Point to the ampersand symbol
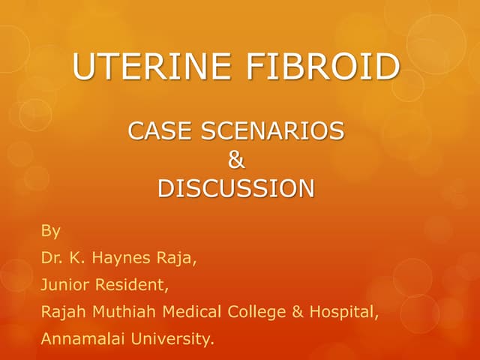tap(235, 160)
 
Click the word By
tap(50, 229)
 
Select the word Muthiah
tap(124, 311)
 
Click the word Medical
tap(189, 311)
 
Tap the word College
tap(253, 311)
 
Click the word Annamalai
tap(82, 339)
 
